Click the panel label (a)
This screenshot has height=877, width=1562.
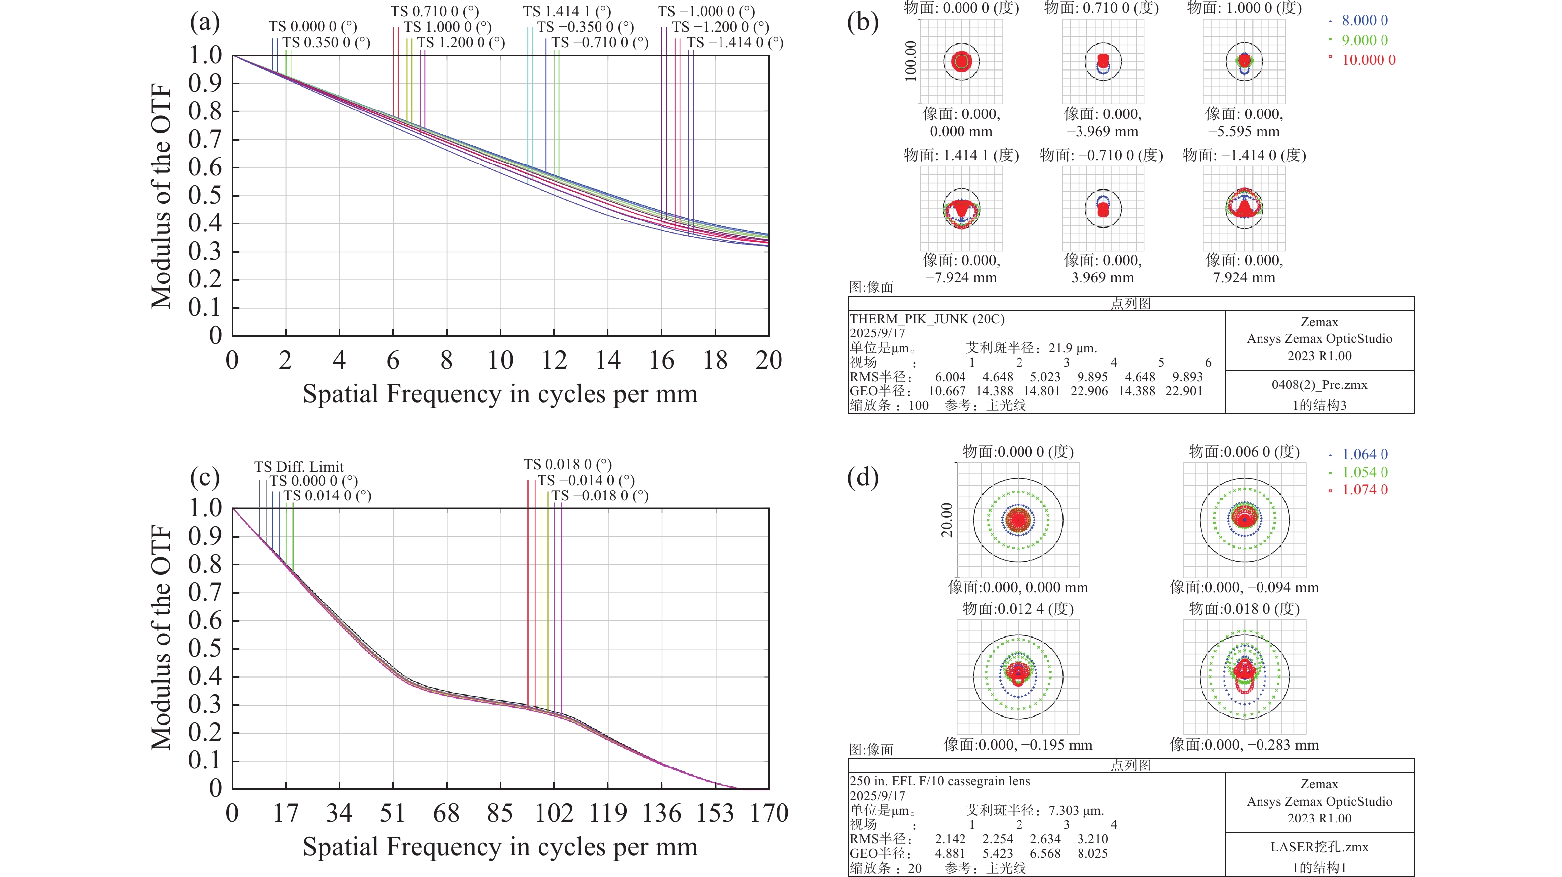pos(204,22)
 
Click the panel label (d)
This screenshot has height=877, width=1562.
pos(862,478)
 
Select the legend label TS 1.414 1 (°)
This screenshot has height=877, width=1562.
pos(567,11)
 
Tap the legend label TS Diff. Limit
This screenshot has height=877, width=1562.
pos(299,467)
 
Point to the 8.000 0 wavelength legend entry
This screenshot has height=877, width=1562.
pos(1364,21)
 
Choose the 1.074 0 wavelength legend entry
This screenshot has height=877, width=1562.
pos(1364,490)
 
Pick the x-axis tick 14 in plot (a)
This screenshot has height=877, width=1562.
pos(607,361)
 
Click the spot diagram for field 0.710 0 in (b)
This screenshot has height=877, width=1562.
pos(1103,61)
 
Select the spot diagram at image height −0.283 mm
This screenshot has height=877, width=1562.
pos(1244,676)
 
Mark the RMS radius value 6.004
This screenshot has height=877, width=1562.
pos(950,377)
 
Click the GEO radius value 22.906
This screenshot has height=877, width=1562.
pos(1089,391)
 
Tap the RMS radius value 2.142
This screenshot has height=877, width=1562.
pos(950,839)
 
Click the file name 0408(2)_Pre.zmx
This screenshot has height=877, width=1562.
pos(1320,385)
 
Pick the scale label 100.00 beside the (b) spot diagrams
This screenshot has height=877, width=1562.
pos(911,61)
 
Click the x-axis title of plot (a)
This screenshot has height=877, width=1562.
pos(500,394)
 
